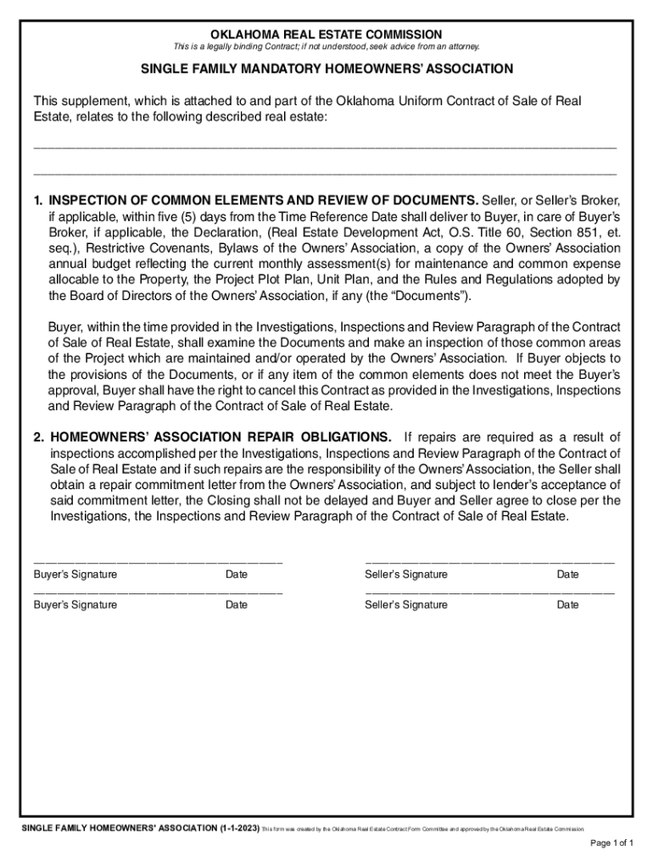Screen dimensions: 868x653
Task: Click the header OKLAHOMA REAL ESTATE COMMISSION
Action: pos(326,34)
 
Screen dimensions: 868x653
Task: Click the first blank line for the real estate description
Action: pos(325,147)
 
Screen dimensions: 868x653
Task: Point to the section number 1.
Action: pos(38,201)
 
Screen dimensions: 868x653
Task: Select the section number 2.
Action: pos(38,437)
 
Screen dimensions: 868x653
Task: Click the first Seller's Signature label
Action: pos(406,575)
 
